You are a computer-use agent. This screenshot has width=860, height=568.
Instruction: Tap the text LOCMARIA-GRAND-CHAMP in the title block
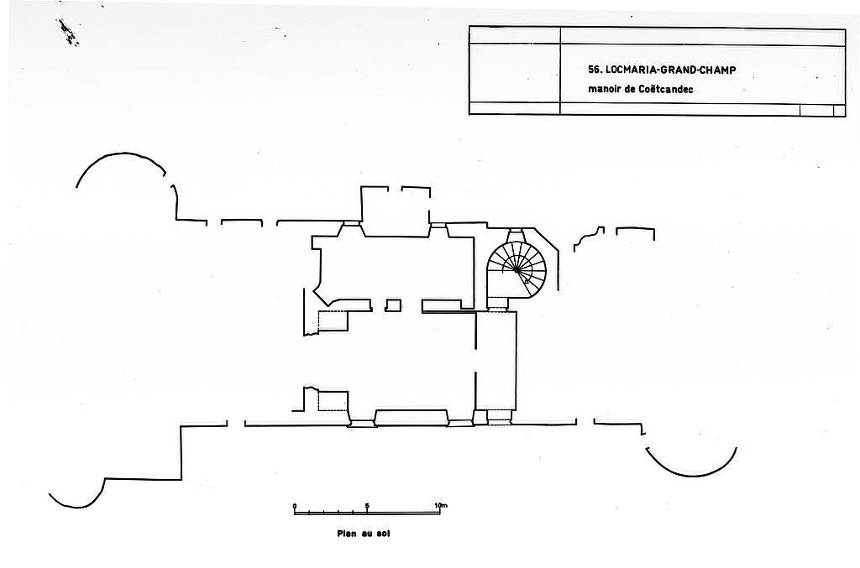[669, 70]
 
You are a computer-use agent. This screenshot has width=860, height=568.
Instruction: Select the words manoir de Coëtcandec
[632, 89]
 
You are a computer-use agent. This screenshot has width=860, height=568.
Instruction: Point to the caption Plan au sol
[364, 533]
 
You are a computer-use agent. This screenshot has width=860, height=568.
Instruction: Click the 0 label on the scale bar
[295, 506]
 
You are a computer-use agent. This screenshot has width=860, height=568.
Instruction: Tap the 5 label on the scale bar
[367, 506]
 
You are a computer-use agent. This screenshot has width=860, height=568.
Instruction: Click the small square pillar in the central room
[392, 305]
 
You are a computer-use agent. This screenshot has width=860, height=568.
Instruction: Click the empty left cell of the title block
[514, 74]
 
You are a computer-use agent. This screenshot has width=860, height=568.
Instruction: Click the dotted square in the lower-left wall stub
[333, 400]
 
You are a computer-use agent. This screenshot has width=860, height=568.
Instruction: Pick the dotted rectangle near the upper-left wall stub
[333, 321]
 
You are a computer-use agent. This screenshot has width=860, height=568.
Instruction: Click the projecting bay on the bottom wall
[411, 418]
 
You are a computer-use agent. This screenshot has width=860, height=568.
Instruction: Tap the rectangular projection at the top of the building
[396, 213]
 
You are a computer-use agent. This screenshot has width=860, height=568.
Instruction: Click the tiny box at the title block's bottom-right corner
[839, 110]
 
